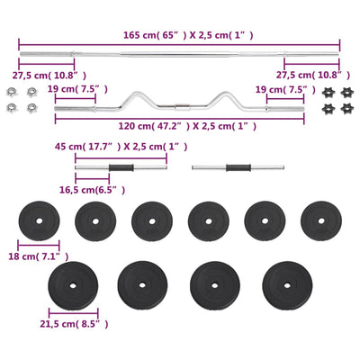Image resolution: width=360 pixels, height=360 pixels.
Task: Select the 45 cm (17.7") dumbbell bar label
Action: click(121, 147)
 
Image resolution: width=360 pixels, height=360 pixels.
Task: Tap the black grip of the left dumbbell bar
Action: click(121, 167)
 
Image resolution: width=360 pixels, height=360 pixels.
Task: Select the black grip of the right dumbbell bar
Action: click(238, 167)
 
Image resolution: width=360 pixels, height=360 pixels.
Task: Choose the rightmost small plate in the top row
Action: click(321, 221)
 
